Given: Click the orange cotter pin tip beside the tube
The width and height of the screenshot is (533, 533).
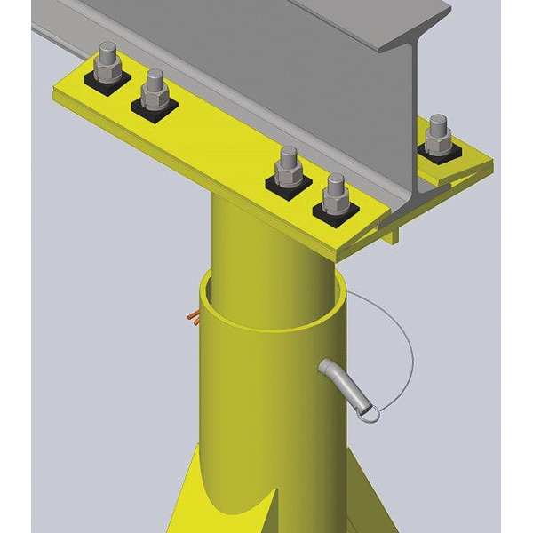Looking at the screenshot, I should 192,316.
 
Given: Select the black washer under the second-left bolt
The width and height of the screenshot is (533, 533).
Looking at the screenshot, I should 155,106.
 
